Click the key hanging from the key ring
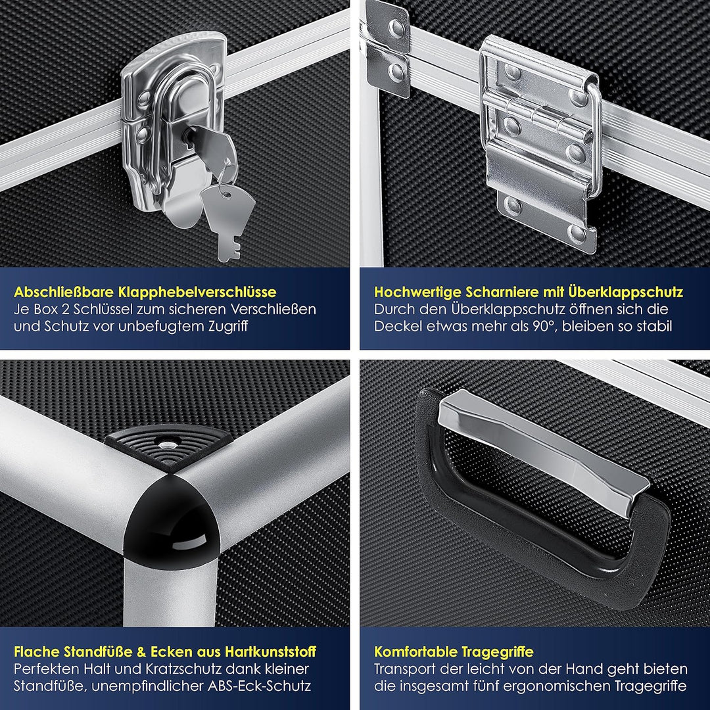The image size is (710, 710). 227,218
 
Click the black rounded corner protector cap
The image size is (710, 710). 172,520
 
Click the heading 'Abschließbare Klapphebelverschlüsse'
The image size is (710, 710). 145,292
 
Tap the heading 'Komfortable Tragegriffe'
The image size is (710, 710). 454,652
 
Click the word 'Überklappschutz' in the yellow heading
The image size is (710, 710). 625,292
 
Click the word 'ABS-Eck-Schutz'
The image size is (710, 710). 259,686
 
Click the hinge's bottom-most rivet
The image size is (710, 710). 576,233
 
